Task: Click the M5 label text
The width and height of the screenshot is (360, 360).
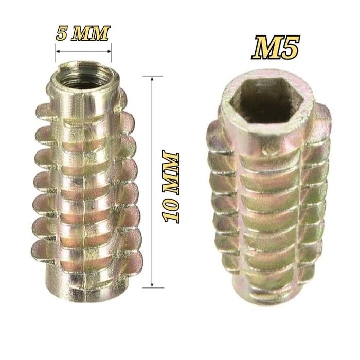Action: (276, 47)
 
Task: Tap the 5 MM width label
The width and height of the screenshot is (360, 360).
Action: (83, 33)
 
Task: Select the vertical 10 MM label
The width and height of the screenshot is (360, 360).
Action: (171, 186)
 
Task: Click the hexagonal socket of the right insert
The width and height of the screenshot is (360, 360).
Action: (267, 100)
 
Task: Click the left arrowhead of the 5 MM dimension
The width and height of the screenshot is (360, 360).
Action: (58, 51)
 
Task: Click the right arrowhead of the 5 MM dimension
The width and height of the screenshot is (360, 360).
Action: (109, 51)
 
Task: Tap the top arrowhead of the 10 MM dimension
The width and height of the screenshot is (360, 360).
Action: (152, 79)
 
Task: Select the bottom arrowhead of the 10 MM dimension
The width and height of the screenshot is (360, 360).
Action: (152, 285)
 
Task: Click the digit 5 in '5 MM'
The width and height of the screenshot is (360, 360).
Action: (61, 34)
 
